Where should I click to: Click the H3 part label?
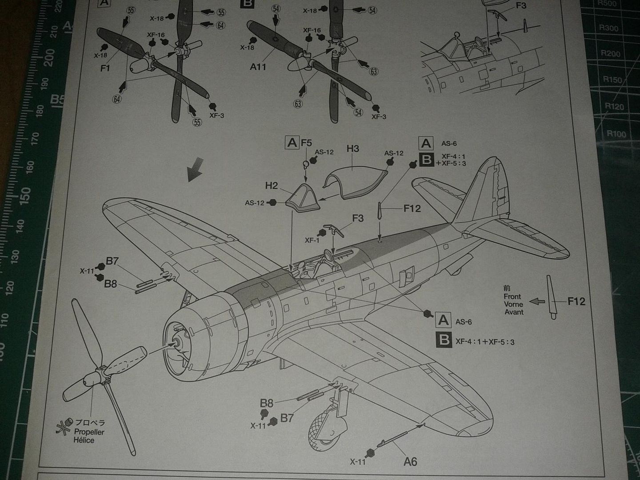pos(352,148)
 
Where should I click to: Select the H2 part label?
pos(272,185)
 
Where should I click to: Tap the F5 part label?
pos(306,143)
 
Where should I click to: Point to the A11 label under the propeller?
pos(258,67)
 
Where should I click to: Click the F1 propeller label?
pos(105,68)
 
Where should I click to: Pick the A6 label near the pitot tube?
pos(410,462)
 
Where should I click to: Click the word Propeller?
pos(89,432)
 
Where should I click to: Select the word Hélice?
pos(84,440)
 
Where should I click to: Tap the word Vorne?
pos(513,304)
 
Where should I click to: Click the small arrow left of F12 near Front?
pos(538,301)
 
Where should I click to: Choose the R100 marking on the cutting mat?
pos(616,133)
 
